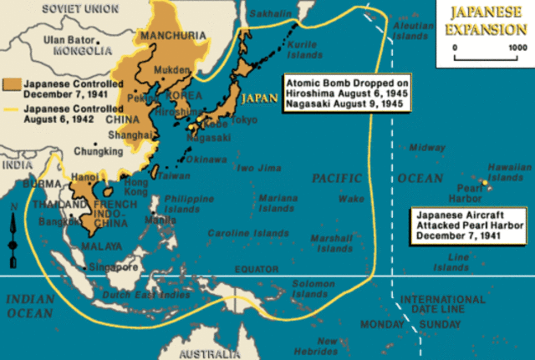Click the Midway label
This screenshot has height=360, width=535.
click(x=427, y=148)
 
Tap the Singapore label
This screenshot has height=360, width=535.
click(x=113, y=267)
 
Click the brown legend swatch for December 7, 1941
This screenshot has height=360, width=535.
click(x=11, y=84)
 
